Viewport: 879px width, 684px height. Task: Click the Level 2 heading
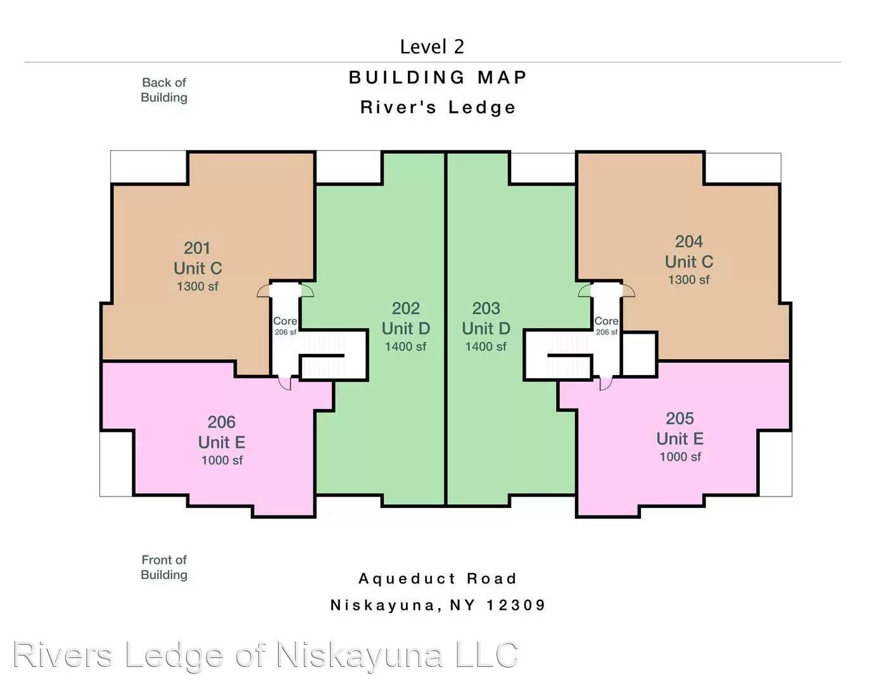(x=432, y=47)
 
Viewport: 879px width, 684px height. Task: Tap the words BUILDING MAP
(x=438, y=77)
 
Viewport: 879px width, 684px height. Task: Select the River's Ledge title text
(x=438, y=107)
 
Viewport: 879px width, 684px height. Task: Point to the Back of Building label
(x=164, y=90)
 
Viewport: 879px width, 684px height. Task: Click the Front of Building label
(x=164, y=567)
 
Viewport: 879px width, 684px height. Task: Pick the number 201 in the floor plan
(x=197, y=248)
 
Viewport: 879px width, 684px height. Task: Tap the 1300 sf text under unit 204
(x=688, y=279)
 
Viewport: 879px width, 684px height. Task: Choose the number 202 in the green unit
(x=406, y=308)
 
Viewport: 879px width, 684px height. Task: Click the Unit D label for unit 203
(x=486, y=329)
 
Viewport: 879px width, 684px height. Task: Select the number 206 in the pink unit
(x=221, y=422)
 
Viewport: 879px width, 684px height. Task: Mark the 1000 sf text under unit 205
(x=680, y=457)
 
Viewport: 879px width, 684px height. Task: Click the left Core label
(x=285, y=321)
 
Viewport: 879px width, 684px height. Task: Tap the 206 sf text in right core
(x=607, y=332)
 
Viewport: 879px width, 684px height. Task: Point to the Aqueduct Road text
(x=438, y=579)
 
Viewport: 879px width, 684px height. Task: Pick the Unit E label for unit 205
(x=680, y=439)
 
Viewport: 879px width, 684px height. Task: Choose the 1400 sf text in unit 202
(x=405, y=346)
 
